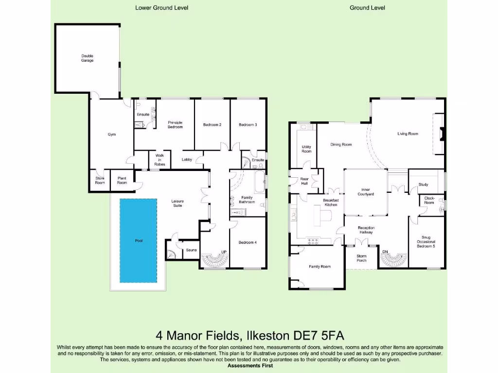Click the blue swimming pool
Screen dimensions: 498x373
click(x=139, y=240)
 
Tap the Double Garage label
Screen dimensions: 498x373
click(x=88, y=58)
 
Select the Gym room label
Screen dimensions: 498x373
click(x=112, y=135)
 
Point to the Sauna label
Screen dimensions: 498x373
click(x=191, y=250)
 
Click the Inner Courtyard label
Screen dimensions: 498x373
click(x=366, y=191)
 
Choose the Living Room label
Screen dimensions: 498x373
click(x=408, y=134)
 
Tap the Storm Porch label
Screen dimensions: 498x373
click(x=361, y=258)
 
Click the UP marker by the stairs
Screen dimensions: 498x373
click(x=224, y=252)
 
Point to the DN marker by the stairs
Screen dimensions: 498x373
click(x=385, y=252)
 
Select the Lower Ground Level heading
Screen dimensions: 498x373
click(x=161, y=8)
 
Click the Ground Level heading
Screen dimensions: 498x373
click(x=367, y=8)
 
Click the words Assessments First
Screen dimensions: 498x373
click(x=250, y=365)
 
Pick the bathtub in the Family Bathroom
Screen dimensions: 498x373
click(x=260, y=182)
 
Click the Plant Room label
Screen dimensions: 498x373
click(x=122, y=181)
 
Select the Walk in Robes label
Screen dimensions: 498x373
click(x=160, y=160)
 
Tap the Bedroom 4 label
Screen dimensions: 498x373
click(x=248, y=242)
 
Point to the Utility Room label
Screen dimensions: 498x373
click(x=306, y=149)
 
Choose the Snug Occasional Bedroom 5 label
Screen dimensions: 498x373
click(x=426, y=242)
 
